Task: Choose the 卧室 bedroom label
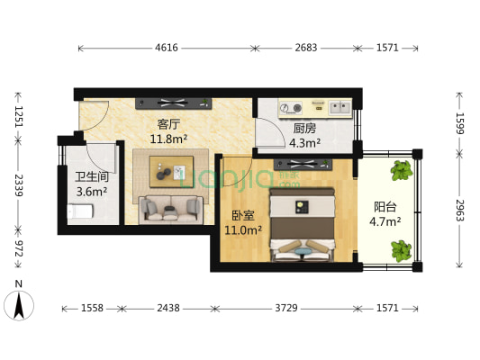click(243, 216)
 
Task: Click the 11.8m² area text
click(168, 139)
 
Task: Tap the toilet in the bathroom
click(78, 211)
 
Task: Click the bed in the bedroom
click(303, 225)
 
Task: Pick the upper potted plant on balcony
click(401, 168)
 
